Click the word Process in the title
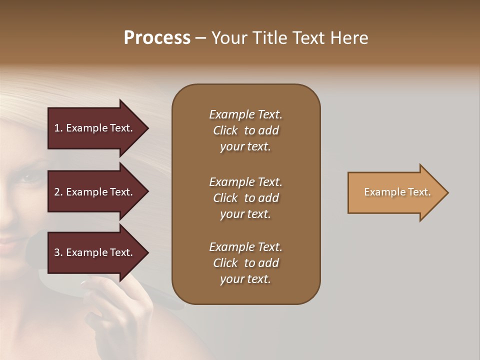[157, 38]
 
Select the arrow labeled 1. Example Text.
[95, 128]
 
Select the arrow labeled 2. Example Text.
[95, 192]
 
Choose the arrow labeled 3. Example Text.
[95, 252]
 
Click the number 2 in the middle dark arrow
[57, 192]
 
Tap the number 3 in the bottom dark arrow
[57, 252]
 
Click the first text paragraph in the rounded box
[245, 130]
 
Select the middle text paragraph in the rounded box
[245, 198]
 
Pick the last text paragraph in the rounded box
[245, 263]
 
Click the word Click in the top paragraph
[225, 130]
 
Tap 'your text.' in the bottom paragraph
[245, 279]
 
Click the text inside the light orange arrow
[397, 192]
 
